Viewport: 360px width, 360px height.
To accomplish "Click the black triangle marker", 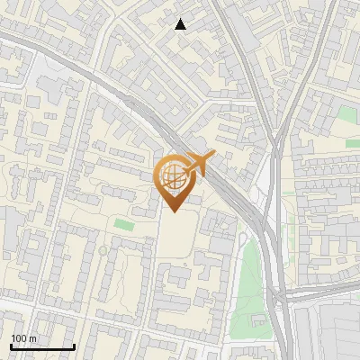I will pyautogui.click(x=181, y=24).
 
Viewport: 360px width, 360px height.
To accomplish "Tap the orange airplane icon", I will pyautogui.click(x=199, y=164).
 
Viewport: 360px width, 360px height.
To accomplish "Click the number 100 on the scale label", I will pyautogui.click(x=19, y=338).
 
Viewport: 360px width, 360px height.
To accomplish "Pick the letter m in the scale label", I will pyautogui.click(x=33, y=338).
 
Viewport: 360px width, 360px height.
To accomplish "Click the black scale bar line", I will pyautogui.click(x=41, y=347).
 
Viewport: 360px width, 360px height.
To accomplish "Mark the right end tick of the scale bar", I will pyautogui.click(x=74, y=346).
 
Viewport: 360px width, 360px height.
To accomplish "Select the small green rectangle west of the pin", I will pyautogui.click(x=123, y=223).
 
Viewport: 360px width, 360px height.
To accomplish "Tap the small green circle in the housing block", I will pyautogui.click(x=103, y=250).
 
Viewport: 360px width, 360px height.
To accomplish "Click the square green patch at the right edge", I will pyautogui.click(x=348, y=114).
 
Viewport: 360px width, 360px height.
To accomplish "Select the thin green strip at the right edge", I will pyautogui.click(x=354, y=143).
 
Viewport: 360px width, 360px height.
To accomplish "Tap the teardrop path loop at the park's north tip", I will pyautogui.click(x=243, y=238).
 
